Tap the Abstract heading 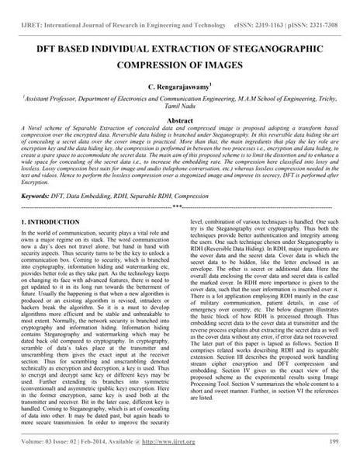[180, 123]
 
